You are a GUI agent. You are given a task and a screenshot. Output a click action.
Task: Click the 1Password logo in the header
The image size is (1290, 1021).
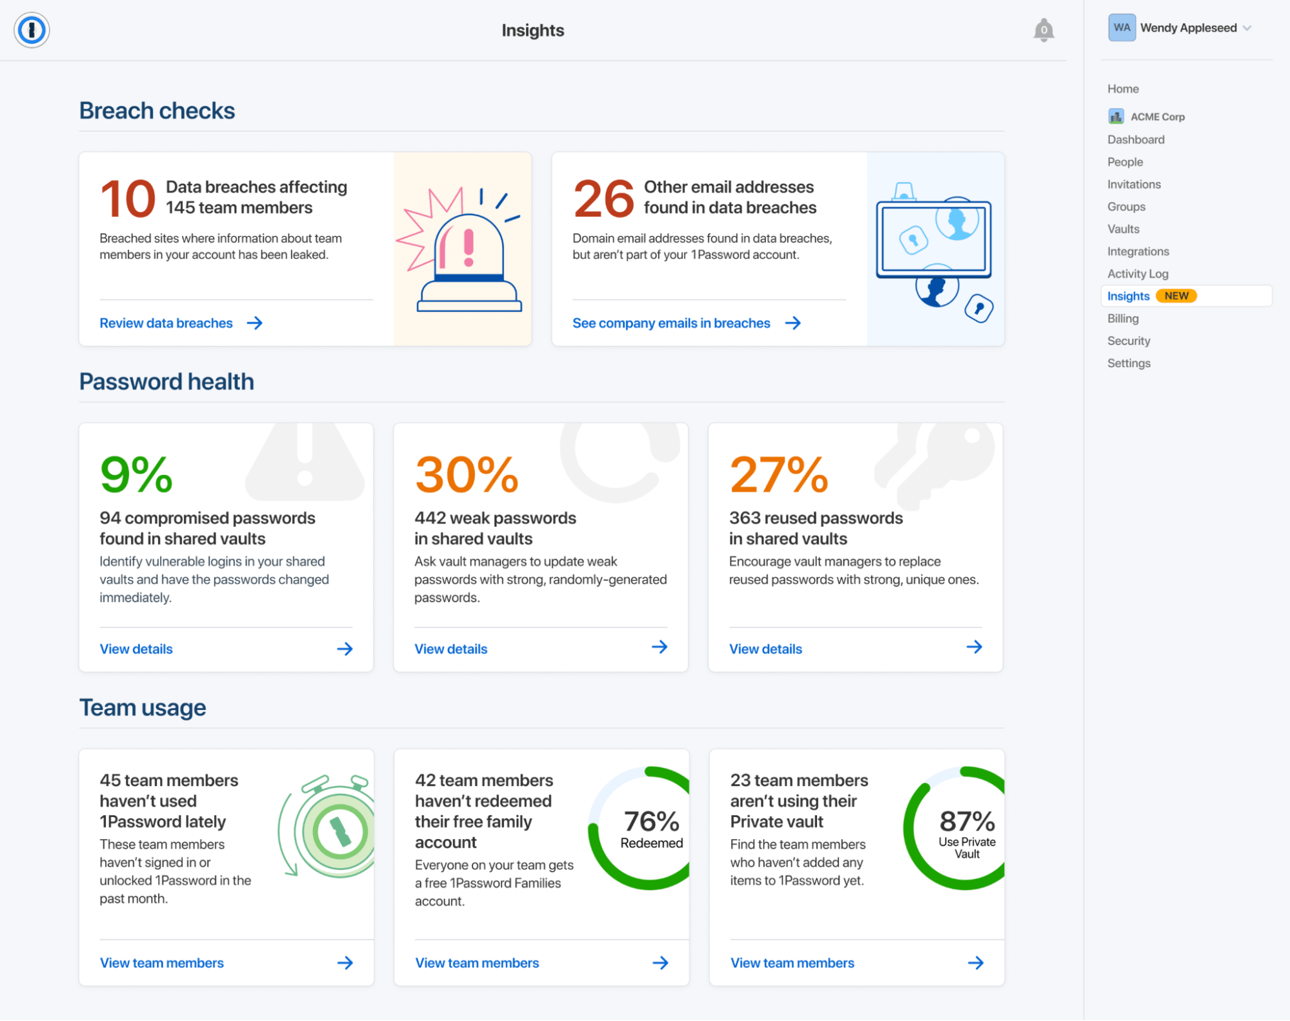coord(32,30)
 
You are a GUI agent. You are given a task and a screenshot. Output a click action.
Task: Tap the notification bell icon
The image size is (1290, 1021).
coord(1043,30)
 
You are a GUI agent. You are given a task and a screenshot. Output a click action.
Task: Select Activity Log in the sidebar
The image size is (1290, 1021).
coord(1137,274)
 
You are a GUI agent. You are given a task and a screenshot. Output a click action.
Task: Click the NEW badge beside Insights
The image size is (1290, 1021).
coord(1176,296)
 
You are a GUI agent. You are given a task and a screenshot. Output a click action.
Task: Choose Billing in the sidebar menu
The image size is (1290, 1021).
coord(1123,318)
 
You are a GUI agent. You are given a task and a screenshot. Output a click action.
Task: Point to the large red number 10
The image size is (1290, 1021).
coord(128,199)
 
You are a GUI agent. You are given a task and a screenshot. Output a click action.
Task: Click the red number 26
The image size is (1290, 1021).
coord(603,199)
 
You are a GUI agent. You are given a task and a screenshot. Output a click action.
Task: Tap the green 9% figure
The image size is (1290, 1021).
coord(136,475)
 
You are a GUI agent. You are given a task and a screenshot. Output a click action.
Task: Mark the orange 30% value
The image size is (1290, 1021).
coord(467,475)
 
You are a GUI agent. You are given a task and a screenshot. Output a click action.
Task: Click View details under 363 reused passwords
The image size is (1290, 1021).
coord(765,649)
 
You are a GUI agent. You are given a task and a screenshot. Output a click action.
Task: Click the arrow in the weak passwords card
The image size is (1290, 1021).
coord(659,647)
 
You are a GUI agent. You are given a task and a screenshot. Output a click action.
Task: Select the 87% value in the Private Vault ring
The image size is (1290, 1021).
coord(967,822)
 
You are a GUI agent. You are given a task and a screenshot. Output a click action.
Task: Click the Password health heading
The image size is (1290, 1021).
coord(166,381)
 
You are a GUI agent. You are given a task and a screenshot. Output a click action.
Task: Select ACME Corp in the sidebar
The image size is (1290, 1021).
coord(1157,117)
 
